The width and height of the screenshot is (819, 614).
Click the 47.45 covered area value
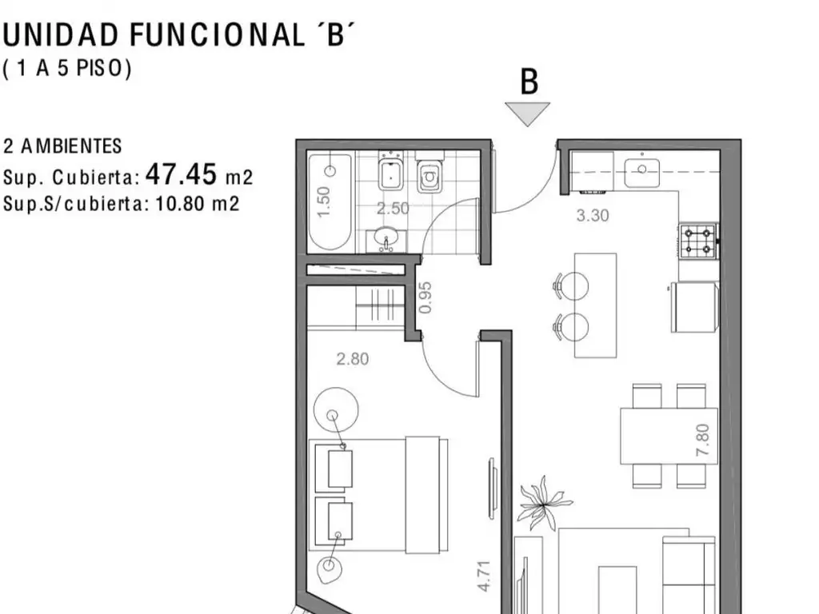[181, 173]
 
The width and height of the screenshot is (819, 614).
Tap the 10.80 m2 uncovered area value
[198, 203]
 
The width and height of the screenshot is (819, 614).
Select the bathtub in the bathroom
[329, 202]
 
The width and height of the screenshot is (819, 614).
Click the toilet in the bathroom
[429, 173]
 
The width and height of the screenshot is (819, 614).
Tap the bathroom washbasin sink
[386, 239]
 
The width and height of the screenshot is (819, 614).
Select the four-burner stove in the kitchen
[699, 241]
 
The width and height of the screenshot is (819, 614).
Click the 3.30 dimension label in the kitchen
[593, 216]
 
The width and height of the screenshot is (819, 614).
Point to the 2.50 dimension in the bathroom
[393, 209]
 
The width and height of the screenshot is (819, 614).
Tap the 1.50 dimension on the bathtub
[324, 201]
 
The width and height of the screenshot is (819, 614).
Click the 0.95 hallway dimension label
[425, 297]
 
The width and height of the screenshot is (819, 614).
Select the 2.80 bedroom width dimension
[353, 359]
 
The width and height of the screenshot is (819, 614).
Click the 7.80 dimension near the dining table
[703, 440]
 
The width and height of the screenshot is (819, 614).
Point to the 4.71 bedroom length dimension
[484, 576]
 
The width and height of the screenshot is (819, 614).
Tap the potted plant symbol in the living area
[543, 504]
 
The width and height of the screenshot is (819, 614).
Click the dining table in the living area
[669, 436]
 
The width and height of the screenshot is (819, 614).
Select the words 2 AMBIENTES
[62, 146]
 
